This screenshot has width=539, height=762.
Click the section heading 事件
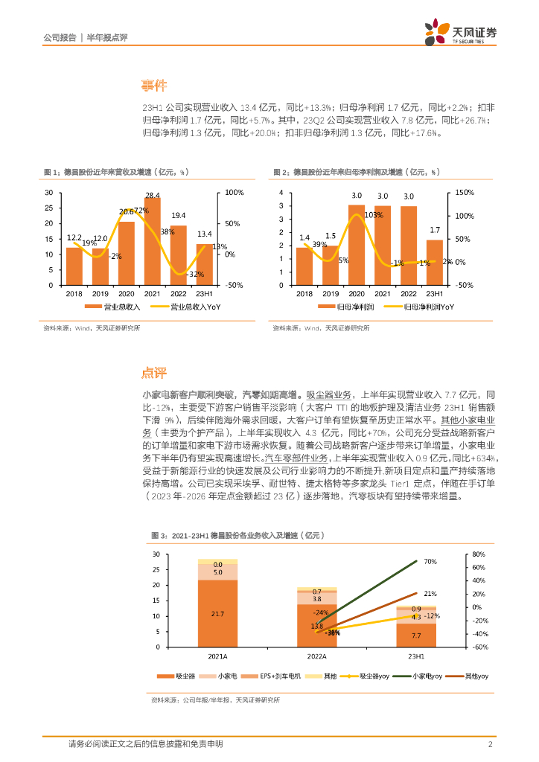tap(156, 86)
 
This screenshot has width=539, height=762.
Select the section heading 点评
tap(156, 372)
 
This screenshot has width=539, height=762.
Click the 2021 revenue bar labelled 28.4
tap(153, 242)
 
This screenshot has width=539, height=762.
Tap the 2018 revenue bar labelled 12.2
tap(74, 266)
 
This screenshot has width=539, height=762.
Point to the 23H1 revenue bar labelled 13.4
tap(204, 265)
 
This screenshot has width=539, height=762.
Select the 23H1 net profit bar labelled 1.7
tap(434, 263)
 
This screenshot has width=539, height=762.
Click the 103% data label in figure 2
tap(374, 214)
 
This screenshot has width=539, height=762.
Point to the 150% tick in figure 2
tap(465, 193)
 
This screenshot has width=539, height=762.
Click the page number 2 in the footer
tap(490, 744)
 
